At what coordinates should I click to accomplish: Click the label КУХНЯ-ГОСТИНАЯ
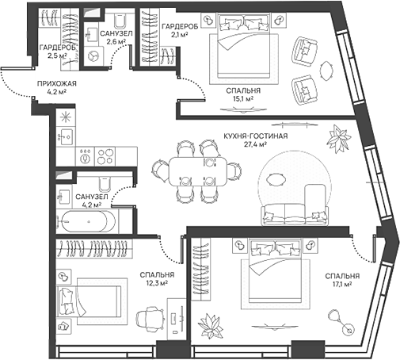coord(255,136)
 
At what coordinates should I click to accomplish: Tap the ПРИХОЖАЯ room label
coord(57,83)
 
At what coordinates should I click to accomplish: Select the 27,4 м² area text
coord(255,144)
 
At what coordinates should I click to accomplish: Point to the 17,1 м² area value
coord(342,284)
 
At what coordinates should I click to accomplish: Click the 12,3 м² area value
coord(157,283)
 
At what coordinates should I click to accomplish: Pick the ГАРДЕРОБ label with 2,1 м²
coord(180,26)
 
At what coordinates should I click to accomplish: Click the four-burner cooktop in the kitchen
coord(105,156)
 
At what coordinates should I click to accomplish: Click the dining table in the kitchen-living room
coord(198,171)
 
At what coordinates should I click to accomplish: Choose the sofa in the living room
coord(295,215)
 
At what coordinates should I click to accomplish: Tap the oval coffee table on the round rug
coord(276,180)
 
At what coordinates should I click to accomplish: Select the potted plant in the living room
coord(339,138)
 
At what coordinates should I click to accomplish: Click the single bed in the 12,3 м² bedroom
coord(89,301)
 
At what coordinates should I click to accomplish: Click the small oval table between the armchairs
coord(326,71)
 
